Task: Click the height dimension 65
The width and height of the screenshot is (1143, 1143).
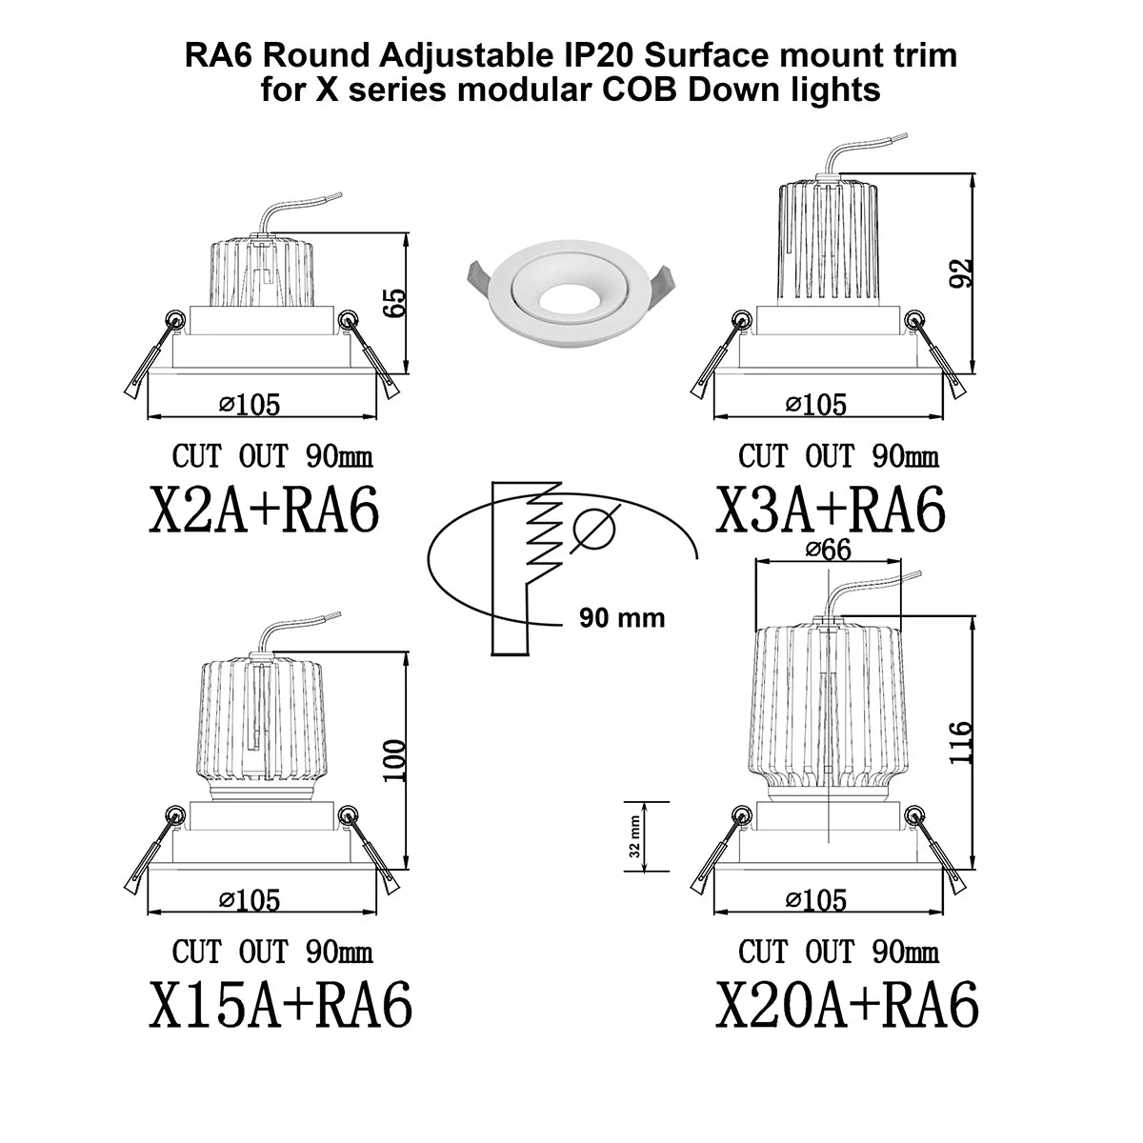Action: pyautogui.click(x=396, y=303)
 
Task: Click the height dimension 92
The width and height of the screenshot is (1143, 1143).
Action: pyautogui.click(x=961, y=272)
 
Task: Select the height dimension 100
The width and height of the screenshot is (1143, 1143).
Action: pyautogui.click(x=395, y=761)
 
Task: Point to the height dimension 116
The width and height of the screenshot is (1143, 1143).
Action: pyautogui.click(x=961, y=743)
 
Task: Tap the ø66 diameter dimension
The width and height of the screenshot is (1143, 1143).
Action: pyautogui.click(x=828, y=550)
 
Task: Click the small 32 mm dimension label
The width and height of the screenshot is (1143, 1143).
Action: pyautogui.click(x=634, y=837)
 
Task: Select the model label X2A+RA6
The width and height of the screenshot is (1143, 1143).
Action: pyautogui.click(x=263, y=511)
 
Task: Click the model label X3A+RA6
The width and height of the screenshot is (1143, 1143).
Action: pyautogui.click(x=831, y=511)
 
